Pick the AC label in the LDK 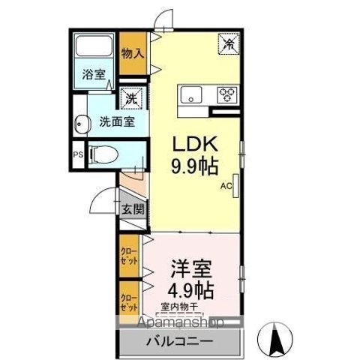click(x=226, y=186)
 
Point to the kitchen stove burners click(x=226, y=94)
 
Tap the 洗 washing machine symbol click(x=130, y=98)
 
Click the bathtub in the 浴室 click(x=94, y=46)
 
